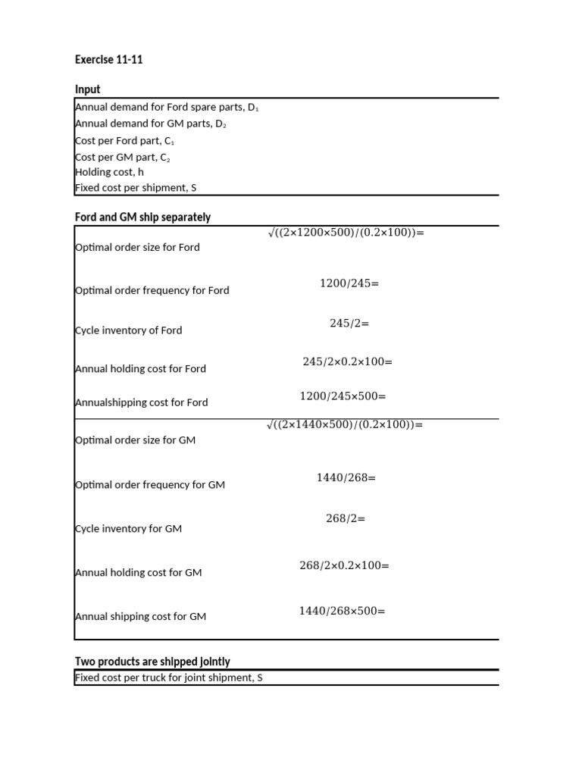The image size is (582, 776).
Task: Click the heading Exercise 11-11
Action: point(108,59)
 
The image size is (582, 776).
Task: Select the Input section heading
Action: point(87,89)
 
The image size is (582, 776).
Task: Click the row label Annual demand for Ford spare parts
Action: point(167,108)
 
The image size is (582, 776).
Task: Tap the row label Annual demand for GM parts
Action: point(150,124)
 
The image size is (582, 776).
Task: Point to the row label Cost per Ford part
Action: point(124,141)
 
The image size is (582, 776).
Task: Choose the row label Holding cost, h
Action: point(109,172)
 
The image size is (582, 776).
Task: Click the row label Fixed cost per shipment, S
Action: point(135,187)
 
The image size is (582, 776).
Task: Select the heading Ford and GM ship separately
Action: point(142,217)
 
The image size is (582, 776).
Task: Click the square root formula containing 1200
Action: point(346,233)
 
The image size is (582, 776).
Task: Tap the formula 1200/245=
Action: point(349,283)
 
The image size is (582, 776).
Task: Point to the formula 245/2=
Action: point(349,323)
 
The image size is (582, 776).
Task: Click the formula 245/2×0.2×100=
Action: point(347,361)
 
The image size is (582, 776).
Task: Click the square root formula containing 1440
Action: point(345,424)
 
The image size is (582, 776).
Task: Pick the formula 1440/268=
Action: point(346,477)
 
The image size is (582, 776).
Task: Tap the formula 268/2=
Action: point(346,518)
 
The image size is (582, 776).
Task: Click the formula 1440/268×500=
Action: point(342,610)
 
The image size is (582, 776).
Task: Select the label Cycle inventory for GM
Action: point(128,529)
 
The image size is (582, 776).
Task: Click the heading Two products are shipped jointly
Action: point(152,662)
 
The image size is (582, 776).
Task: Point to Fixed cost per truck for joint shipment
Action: point(168,677)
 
